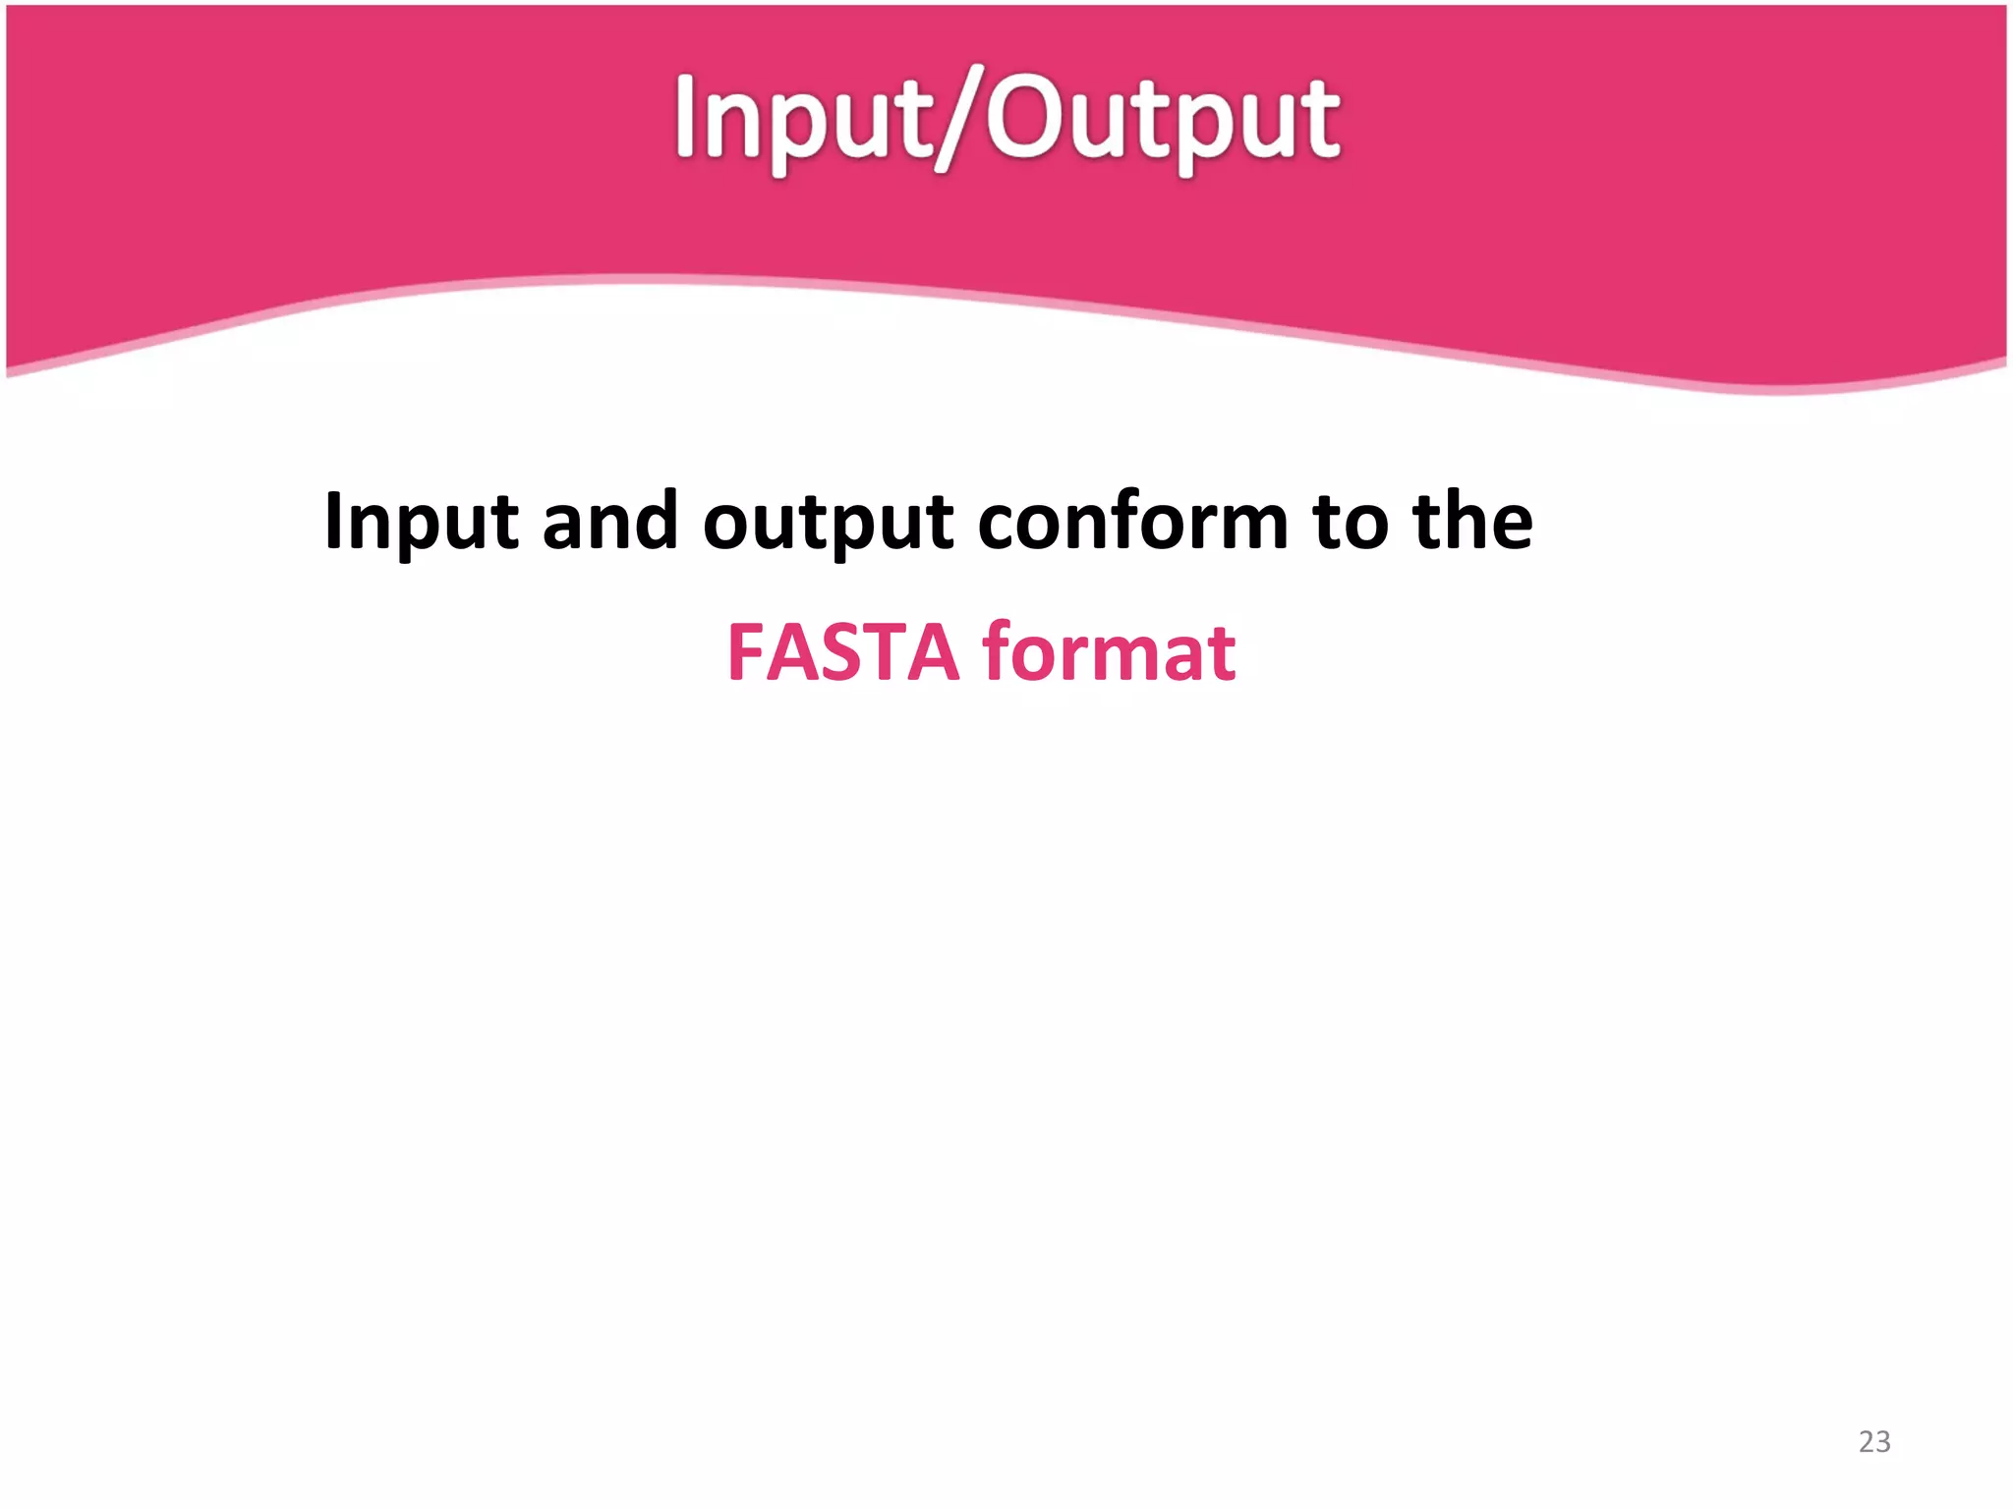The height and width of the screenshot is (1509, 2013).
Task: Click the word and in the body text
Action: [x=609, y=521]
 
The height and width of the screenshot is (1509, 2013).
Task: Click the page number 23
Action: [x=1874, y=1441]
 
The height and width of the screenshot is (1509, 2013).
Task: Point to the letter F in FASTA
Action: [x=746, y=652]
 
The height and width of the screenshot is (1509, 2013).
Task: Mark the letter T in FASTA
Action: [x=886, y=652]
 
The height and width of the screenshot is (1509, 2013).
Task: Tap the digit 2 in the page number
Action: [x=1867, y=1441]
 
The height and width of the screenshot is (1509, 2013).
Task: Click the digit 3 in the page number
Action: [x=1882, y=1441]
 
